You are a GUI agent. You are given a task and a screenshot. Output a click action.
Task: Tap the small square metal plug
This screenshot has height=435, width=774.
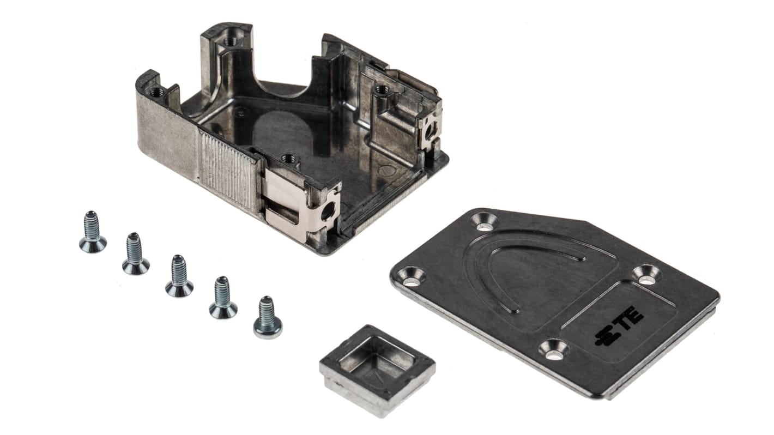(377, 370)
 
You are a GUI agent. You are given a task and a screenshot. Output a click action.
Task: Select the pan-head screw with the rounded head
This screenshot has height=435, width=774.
(268, 317)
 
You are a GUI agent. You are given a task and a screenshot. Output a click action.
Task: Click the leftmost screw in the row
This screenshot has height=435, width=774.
(92, 232)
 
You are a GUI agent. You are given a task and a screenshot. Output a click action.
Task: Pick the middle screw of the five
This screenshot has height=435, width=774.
(179, 276)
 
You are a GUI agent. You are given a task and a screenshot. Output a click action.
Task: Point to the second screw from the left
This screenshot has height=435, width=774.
(135, 253)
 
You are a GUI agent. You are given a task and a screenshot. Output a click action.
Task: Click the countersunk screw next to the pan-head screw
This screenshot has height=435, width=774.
(223, 298)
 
